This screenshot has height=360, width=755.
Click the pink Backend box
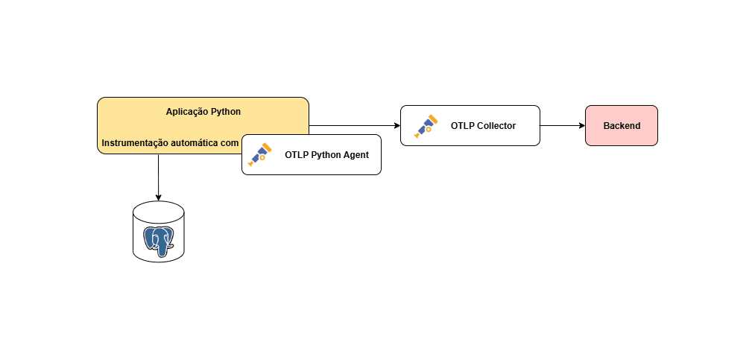click(621, 125)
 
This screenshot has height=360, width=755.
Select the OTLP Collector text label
click(483, 126)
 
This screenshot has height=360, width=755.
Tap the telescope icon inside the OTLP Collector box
click(426, 126)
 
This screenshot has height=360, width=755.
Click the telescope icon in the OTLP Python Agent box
click(259, 154)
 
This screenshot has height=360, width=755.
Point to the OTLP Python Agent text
click(326, 155)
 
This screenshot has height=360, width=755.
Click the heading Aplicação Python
click(203, 111)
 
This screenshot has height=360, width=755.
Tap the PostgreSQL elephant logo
click(158, 239)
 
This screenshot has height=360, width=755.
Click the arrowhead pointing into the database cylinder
click(158, 198)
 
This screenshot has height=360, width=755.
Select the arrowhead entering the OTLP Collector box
click(397, 125)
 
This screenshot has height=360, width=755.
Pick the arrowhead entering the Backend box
click(581, 125)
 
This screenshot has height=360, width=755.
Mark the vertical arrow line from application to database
click(158, 175)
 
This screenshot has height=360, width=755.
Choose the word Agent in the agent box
click(356, 155)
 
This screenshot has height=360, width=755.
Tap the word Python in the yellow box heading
click(224, 111)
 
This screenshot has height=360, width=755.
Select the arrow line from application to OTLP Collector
click(350, 125)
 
